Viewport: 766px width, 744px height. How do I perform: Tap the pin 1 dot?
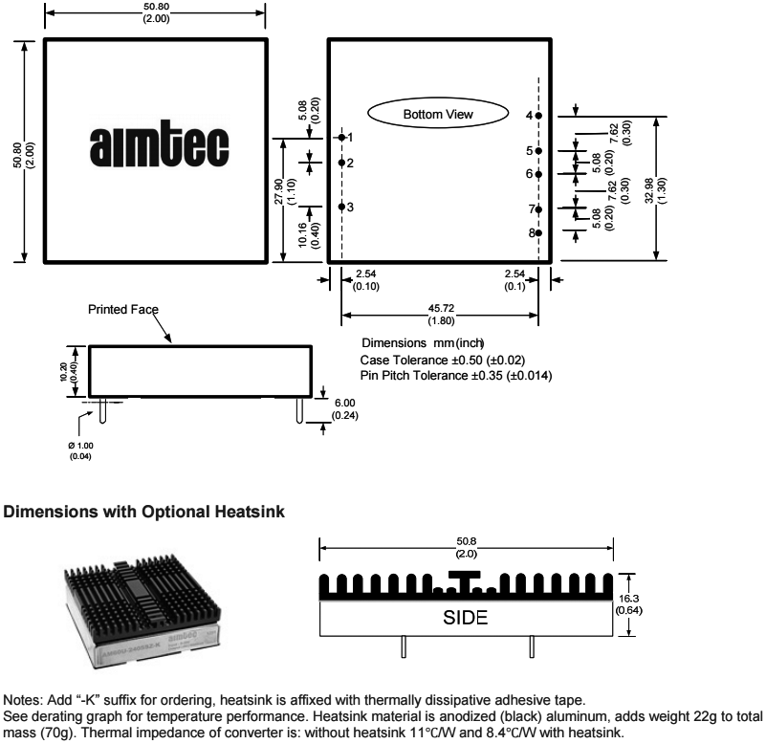(341, 138)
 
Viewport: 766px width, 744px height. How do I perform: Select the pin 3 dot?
(341, 207)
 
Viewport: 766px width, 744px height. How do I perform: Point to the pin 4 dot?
(539, 115)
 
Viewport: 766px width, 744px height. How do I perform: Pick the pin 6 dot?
(539, 174)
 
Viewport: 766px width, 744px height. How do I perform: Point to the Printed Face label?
(123, 310)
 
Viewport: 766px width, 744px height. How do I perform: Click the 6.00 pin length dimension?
(344, 404)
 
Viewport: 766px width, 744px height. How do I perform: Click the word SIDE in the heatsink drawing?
(466, 618)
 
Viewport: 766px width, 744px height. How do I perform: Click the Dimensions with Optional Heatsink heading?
(144, 513)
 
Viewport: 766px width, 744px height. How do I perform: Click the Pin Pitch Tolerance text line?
(455, 375)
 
